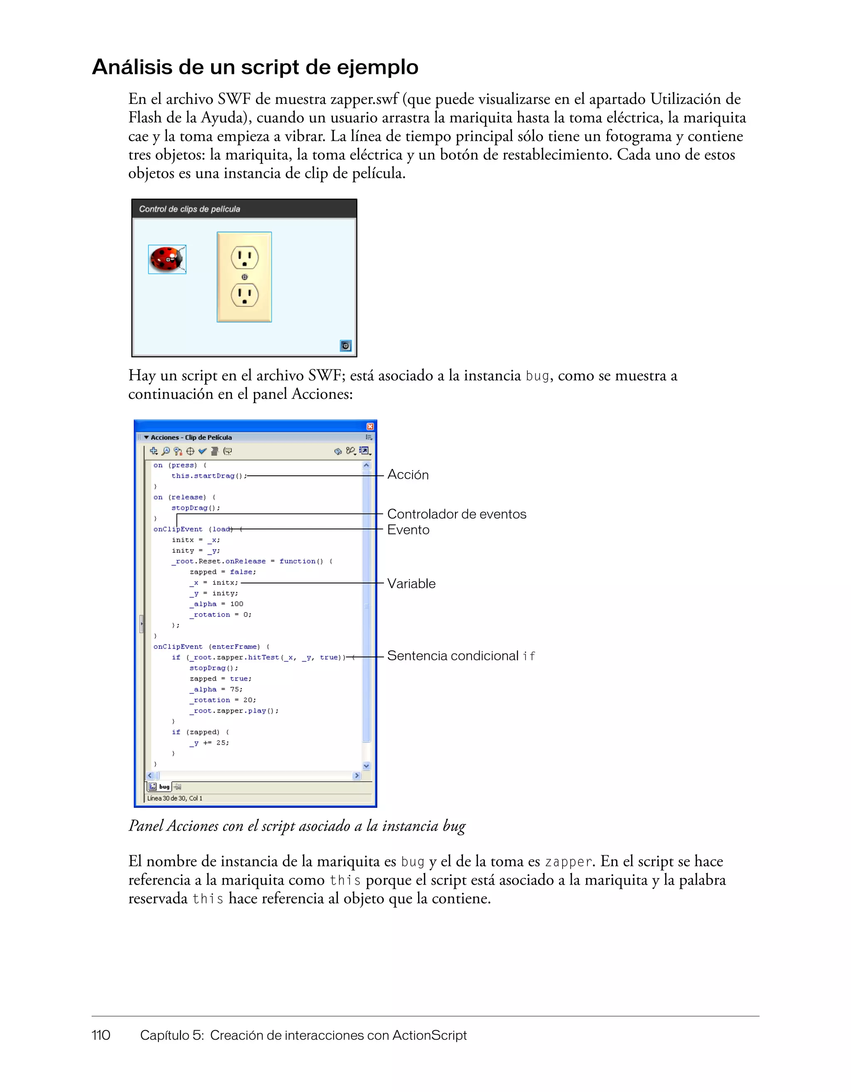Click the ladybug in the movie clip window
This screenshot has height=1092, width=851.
[167, 259]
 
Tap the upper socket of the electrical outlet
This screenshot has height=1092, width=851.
[244, 258]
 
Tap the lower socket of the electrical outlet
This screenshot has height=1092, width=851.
[244, 295]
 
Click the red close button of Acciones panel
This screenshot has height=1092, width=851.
[370, 426]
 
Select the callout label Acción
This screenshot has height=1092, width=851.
[408, 475]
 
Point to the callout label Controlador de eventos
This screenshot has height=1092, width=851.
[457, 514]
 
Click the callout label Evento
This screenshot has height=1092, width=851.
[408, 530]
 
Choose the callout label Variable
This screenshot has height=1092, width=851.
[411, 583]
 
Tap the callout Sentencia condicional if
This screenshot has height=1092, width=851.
[460, 656]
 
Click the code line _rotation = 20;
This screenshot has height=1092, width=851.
[222, 700]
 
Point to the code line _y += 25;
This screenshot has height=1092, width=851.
[209, 743]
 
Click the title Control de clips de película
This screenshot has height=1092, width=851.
[189, 209]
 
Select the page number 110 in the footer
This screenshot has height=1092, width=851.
[101, 1035]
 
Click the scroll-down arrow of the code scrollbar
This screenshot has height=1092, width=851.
[366, 766]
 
